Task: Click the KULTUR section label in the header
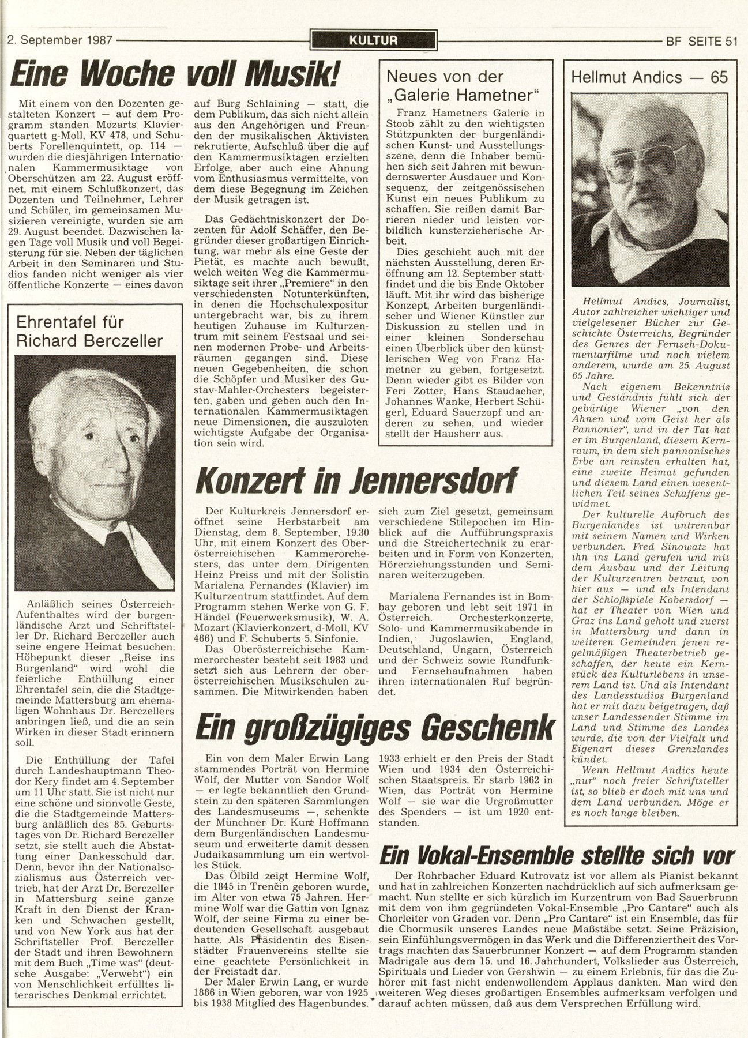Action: [x=373, y=40]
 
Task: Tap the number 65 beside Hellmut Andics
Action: [x=719, y=78]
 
